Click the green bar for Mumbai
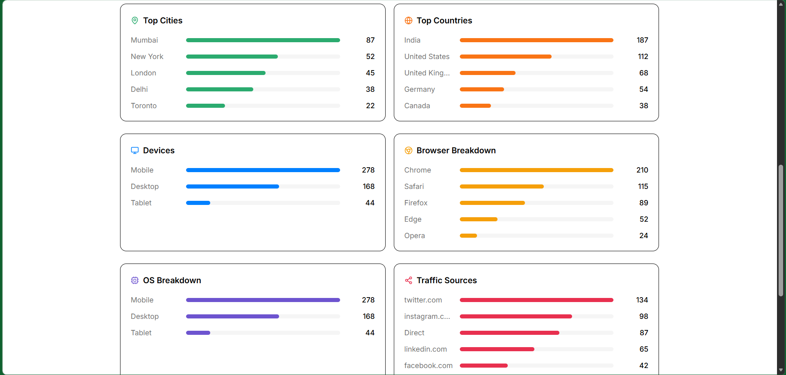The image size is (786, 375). coord(263,40)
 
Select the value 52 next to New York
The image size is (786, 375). coord(370,57)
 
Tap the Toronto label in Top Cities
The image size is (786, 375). coord(143,106)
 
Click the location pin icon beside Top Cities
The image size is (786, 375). coord(135,20)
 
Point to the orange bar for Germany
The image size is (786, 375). coord(482,89)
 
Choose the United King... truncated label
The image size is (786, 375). coord(427,73)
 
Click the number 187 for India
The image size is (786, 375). coord(642,40)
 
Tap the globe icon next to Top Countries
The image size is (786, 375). coord(408,20)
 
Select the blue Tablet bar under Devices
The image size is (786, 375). coord(198,203)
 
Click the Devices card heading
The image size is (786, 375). coord(159,150)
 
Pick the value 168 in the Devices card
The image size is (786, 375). coord(368,186)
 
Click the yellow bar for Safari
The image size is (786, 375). coord(502,186)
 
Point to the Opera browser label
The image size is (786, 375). coord(414,236)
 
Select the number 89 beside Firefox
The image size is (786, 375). coord(643,203)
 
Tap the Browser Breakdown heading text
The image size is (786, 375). coord(456,150)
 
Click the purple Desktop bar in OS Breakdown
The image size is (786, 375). coord(232,316)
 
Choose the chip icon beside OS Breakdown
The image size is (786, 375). coord(135,280)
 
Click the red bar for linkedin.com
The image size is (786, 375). coord(497,349)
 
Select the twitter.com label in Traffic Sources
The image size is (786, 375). coord(423,300)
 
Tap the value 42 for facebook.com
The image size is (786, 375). coord(643,366)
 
